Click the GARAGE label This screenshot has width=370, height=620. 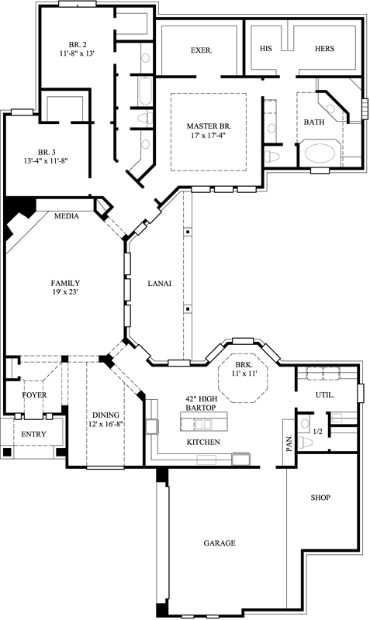pyautogui.click(x=220, y=543)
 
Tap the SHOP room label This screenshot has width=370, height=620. pyautogui.click(x=320, y=497)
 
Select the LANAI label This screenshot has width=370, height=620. pyautogui.click(x=160, y=284)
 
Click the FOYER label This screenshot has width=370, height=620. pyautogui.click(x=34, y=394)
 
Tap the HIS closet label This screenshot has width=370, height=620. pyautogui.click(x=265, y=48)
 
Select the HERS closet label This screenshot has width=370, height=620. pyautogui.click(x=324, y=48)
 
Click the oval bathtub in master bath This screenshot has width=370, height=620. pyautogui.click(x=319, y=152)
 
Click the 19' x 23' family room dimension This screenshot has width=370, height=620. pyautogui.click(x=65, y=293)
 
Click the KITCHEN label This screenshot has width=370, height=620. pyautogui.click(x=202, y=442)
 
